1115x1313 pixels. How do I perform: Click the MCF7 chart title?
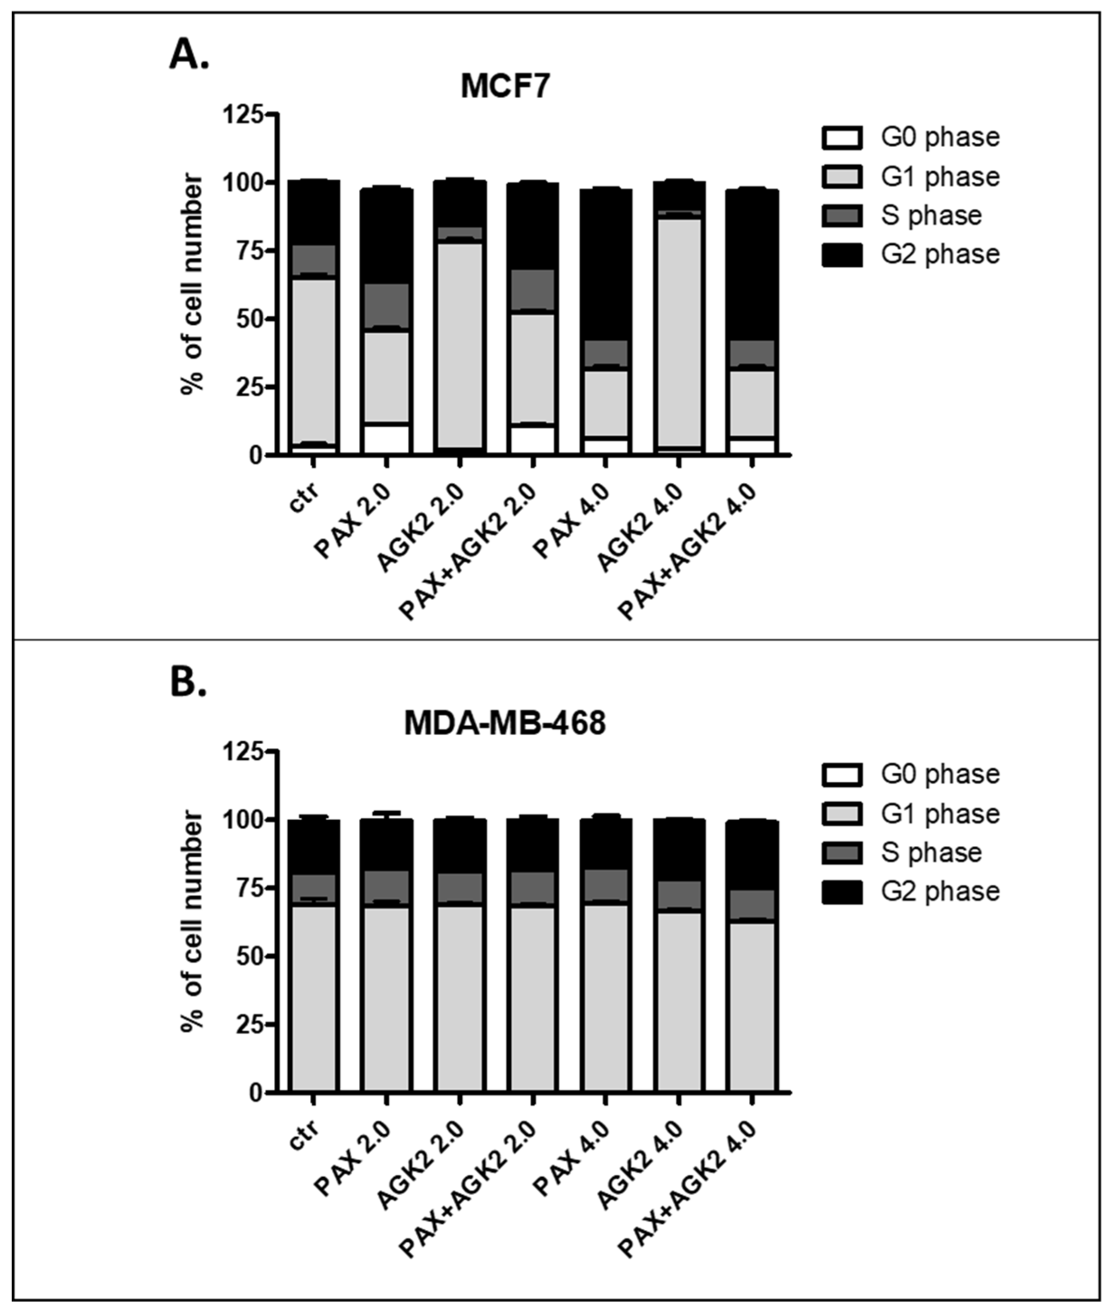tap(506, 86)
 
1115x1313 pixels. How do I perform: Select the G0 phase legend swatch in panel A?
tap(842, 138)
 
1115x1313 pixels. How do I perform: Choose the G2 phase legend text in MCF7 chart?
tap(940, 255)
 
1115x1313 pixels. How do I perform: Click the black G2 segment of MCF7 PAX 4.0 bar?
tap(606, 266)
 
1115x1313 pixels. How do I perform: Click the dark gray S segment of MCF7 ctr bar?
tap(314, 259)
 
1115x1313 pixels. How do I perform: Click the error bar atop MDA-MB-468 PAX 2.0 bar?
tap(387, 813)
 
